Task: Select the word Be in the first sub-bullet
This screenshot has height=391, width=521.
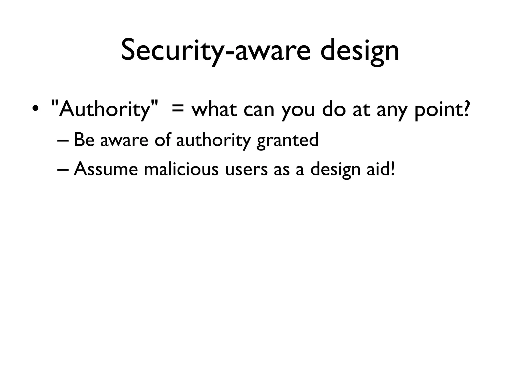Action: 84,140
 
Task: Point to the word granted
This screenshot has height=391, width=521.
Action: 287,141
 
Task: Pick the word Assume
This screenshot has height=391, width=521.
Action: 106,169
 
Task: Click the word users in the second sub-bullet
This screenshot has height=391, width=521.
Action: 246,170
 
